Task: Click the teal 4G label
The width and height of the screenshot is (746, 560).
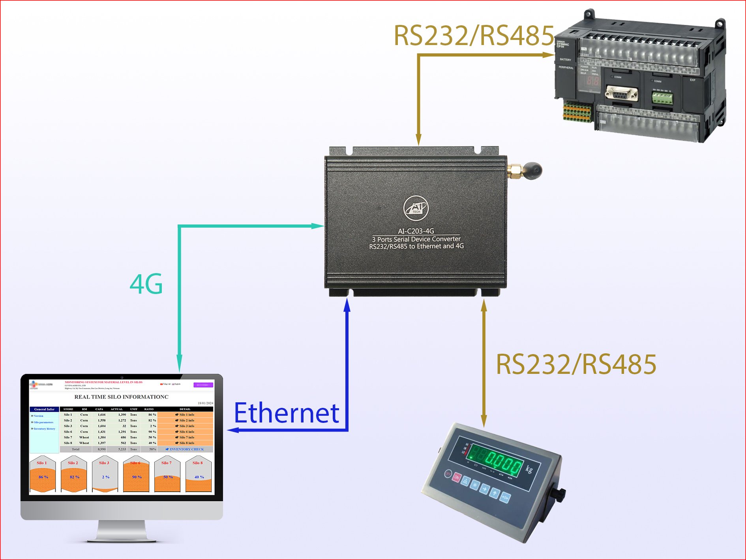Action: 146,284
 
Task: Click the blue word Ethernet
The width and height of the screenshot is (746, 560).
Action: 287,413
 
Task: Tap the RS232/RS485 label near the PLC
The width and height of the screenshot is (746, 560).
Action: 474,36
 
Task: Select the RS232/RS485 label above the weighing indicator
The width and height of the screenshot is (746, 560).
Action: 576,364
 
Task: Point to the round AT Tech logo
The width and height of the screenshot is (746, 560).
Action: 416,208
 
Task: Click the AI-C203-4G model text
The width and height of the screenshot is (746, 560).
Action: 416,231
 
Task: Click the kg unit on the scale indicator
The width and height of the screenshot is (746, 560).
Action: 529,469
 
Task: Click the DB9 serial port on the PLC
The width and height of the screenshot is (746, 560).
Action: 621,93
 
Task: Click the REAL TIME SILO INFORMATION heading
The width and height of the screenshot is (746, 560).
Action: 121,397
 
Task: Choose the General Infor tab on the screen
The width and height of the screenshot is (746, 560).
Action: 44,409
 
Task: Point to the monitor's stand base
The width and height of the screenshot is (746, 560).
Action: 122,536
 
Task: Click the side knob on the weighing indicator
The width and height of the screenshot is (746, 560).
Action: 559,494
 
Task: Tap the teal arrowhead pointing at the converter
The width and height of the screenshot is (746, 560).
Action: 317,226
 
